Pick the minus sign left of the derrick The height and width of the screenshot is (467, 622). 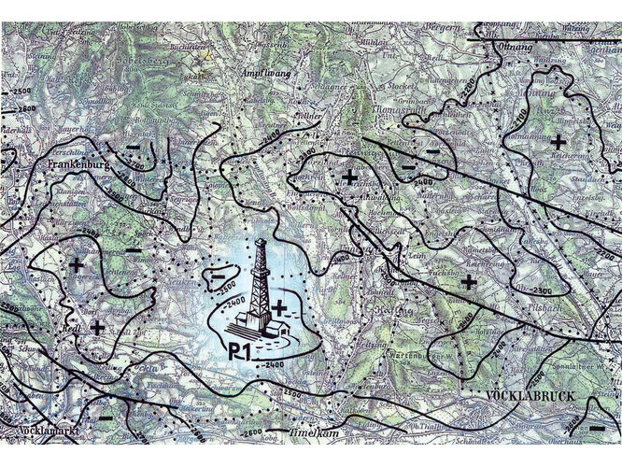(x=218, y=276)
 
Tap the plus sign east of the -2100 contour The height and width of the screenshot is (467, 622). (x=557, y=141)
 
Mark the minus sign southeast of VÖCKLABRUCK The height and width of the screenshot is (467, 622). (x=595, y=428)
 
